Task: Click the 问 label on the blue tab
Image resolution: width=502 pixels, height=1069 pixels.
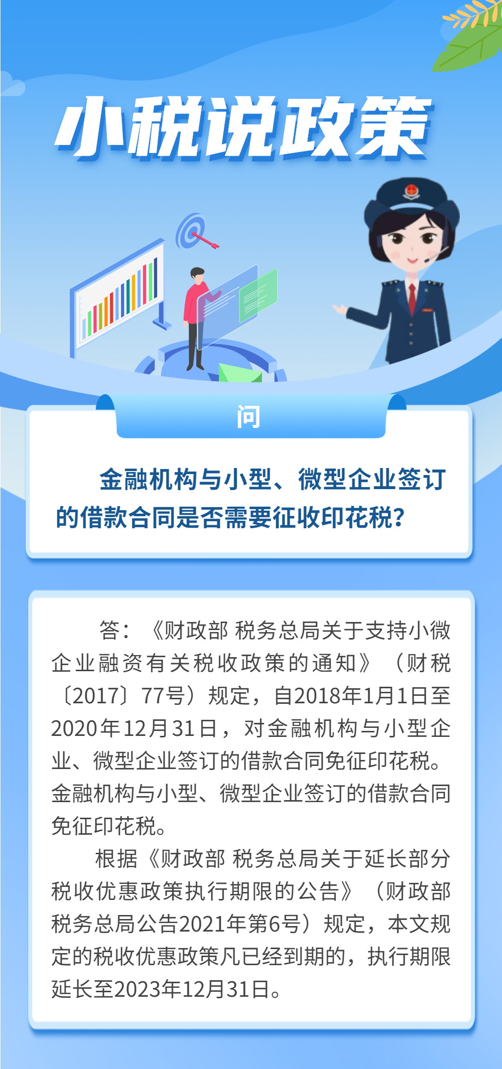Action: [x=248, y=417]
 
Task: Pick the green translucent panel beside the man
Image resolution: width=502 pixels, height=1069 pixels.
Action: [x=258, y=295]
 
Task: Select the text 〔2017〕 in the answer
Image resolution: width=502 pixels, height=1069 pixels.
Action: [x=93, y=695]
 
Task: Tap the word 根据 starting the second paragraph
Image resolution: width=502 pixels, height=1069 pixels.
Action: [x=116, y=858]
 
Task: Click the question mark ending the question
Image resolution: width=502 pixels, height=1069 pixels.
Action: [x=399, y=517]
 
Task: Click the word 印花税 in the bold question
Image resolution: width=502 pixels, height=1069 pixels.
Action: [x=357, y=517]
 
